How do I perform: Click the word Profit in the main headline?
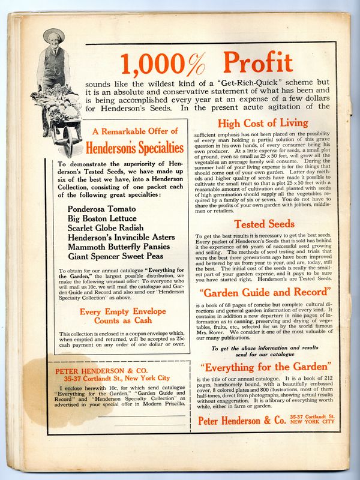(x=257, y=63)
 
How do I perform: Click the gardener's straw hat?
(x=53, y=35)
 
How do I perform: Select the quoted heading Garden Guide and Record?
(x=264, y=292)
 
